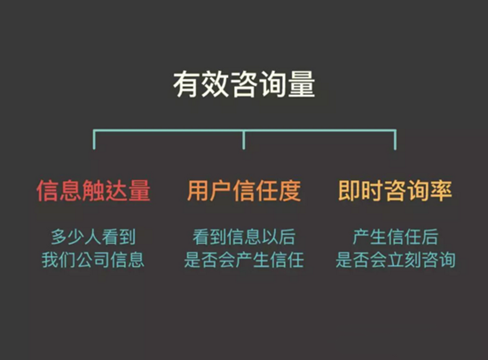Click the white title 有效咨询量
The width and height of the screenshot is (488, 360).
point(244,84)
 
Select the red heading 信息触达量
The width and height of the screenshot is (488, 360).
point(93,191)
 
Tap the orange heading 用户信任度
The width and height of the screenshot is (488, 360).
point(244,191)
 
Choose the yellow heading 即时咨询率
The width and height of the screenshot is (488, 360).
point(395,191)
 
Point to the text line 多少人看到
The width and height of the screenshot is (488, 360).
point(93,237)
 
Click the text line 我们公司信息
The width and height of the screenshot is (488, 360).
point(93,260)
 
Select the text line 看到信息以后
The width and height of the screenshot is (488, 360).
point(244,237)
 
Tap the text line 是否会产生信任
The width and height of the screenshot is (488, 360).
point(244,260)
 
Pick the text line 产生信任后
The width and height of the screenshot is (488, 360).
point(395,237)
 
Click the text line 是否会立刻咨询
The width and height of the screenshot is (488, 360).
point(395,260)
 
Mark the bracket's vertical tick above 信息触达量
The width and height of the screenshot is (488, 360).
point(94,140)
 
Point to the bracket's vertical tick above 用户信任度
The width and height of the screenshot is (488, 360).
point(244,140)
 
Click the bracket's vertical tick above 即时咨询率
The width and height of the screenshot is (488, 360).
point(395,140)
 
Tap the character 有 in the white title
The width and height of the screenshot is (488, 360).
point(186,84)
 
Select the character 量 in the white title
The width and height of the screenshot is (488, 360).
point(302,84)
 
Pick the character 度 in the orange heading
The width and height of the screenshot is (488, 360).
point(290,191)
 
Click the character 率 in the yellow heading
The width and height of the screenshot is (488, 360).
point(441,191)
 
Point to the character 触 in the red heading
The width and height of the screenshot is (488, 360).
point(93,191)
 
